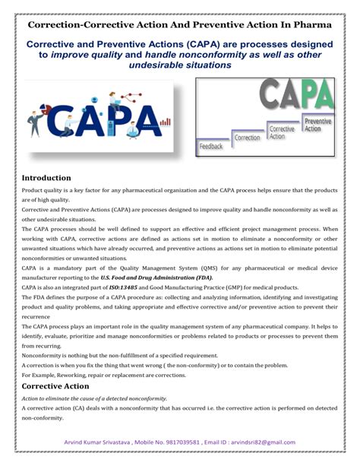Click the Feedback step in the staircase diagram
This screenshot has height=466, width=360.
(211, 145)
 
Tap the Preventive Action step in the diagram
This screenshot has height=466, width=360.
(317, 125)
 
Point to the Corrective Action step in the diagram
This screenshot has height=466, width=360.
(281, 132)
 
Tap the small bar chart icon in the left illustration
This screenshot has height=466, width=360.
(166, 122)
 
